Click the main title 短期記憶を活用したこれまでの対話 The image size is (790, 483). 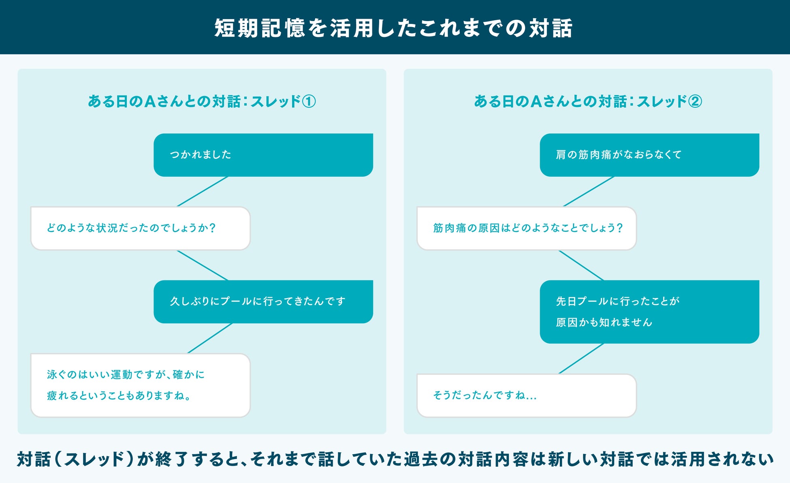(x=393, y=28)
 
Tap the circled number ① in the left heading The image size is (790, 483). (x=309, y=101)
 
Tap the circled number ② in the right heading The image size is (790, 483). (x=695, y=101)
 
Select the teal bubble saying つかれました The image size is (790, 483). (x=263, y=155)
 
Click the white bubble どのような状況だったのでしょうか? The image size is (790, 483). (x=140, y=228)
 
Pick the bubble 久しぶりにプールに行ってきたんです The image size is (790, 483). (x=263, y=301)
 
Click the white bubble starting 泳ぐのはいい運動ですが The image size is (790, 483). (x=140, y=385)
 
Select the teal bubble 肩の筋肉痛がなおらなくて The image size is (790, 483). (x=649, y=155)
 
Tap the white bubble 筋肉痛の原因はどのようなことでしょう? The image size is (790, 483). (x=526, y=228)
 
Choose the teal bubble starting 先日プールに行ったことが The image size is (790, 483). (x=649, y=312)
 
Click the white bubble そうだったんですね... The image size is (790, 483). (x=526, y=395)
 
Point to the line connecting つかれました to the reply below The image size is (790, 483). (x=203, y=191)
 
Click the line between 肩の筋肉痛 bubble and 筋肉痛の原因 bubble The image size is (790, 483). (x=589, y=191)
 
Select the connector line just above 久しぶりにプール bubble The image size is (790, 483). (x=203, y=265)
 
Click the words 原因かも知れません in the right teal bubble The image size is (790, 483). (x=604, y=323)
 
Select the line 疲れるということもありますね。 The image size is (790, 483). (x=119, y=395)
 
